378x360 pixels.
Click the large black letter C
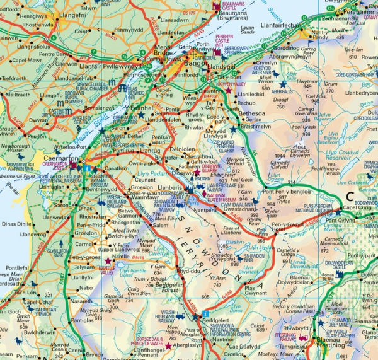click(350, 197)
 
